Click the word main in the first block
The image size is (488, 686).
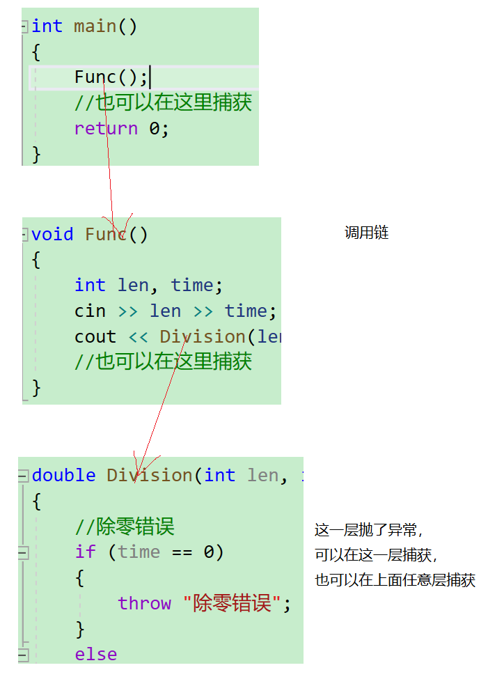pyautogui.click(x=95, y=26)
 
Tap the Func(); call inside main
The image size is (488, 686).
pyautogui.click(x=111, y=77)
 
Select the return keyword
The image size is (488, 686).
pyautogui.click(x=106, y=128)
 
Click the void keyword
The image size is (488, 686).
pyautogui.click(x=52, y=234)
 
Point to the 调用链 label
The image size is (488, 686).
pyautogui.click(x=366, y=233)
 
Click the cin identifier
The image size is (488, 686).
pyautogui.click(x=90, y=311)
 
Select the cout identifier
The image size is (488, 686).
pyautogui.click(x=95, y=336)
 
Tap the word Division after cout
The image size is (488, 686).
pyautogui.click(x=203, y=336)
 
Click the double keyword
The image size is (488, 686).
pyautogui.click(x=63, y=475)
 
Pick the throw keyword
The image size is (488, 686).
pyautogui.click(x=144, y=603)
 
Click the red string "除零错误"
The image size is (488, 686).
pyautogui.click(x=237, y=603)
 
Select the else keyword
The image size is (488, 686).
pyautogui.click(x=96, y=654)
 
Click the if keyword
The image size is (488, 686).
pyautogui.click(x=85, y=552)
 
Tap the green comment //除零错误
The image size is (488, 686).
pyautogui.click(x=125, y=527)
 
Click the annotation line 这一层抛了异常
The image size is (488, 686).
pyautogui.click(x=369, y=530)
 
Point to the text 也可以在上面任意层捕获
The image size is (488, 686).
pyautogui.click(x=395, y=580)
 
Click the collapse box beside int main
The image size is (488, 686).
pyautogui.click(x=24, y=26)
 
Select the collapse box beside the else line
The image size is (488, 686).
pyautogui.click(x=23, y=655)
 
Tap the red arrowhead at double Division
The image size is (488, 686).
pyautogui.click(x=139, y=468)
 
